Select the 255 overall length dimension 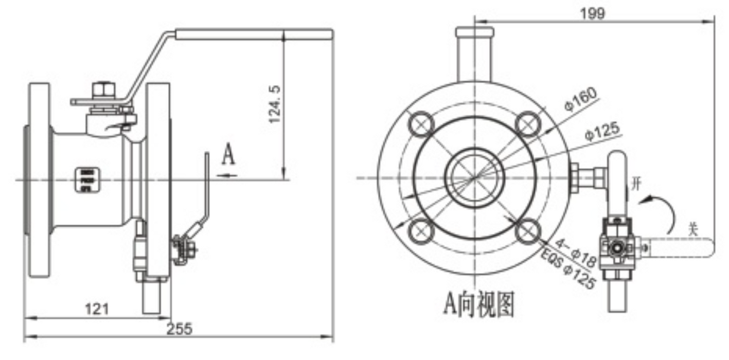180,329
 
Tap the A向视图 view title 478,303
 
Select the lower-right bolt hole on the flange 527,232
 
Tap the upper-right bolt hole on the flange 527,123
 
